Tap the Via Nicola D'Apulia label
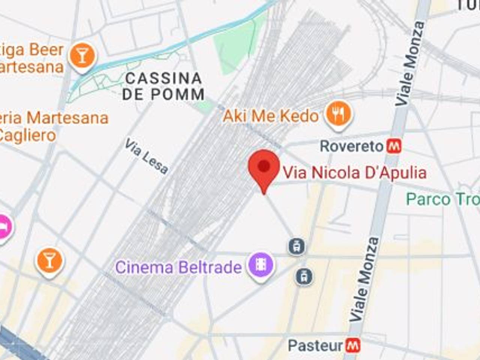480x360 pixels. click(354, 173)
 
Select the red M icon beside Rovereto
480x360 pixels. click(394, 146)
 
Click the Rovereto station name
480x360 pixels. click(351, 146)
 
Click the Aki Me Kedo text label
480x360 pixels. click(270, 116)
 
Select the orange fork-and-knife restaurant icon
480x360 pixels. click(338, 114)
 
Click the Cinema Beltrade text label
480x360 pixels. click(178, 267)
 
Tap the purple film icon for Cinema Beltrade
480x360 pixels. click(261, 265)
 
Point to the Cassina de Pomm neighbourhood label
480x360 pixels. click(163, 87)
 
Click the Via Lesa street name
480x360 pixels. click(146, 156)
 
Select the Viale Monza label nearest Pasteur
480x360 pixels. click(364, 279)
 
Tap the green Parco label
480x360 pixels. click(442, 199)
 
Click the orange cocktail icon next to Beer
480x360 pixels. click(82, 55)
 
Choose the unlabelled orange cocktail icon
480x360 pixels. click(49, 261)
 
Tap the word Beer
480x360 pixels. click(46, 50)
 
